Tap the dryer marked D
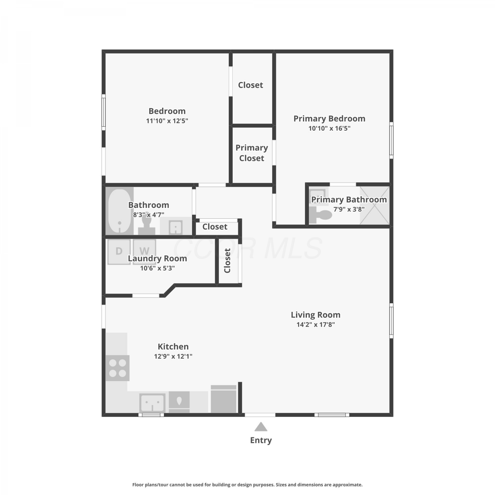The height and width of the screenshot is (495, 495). [x=119, y=251]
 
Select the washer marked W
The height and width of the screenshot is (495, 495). [x=144, y=251]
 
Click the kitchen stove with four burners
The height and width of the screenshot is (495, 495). [x=118, y=368]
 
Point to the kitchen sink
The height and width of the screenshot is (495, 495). [x=152, y=403]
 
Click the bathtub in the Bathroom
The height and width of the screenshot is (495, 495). [x=119, y=211]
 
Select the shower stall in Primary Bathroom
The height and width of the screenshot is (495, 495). [x=375, y=206]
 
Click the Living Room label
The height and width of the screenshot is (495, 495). [x=315, y=315]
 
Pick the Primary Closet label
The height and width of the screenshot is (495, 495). [x=252, y=153]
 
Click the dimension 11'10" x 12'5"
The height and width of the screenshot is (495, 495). [x=167, y=121]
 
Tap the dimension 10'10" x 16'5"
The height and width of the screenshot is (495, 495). [x=329, y=128]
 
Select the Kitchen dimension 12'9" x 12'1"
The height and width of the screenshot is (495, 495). [x=173, y=356]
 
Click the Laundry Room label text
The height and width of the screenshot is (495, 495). [x=157, y=259]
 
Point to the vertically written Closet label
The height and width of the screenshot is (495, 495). [x=227, y=261]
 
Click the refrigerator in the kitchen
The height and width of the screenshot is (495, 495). [x=224, y=399]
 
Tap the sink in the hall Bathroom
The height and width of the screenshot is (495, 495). [x=176, y=227]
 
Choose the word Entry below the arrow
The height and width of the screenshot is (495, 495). [x=261, y=440]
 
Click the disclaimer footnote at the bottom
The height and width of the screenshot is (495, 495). [x=247, y=485]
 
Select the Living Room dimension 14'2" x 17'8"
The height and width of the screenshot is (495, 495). [x=315, y=325]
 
